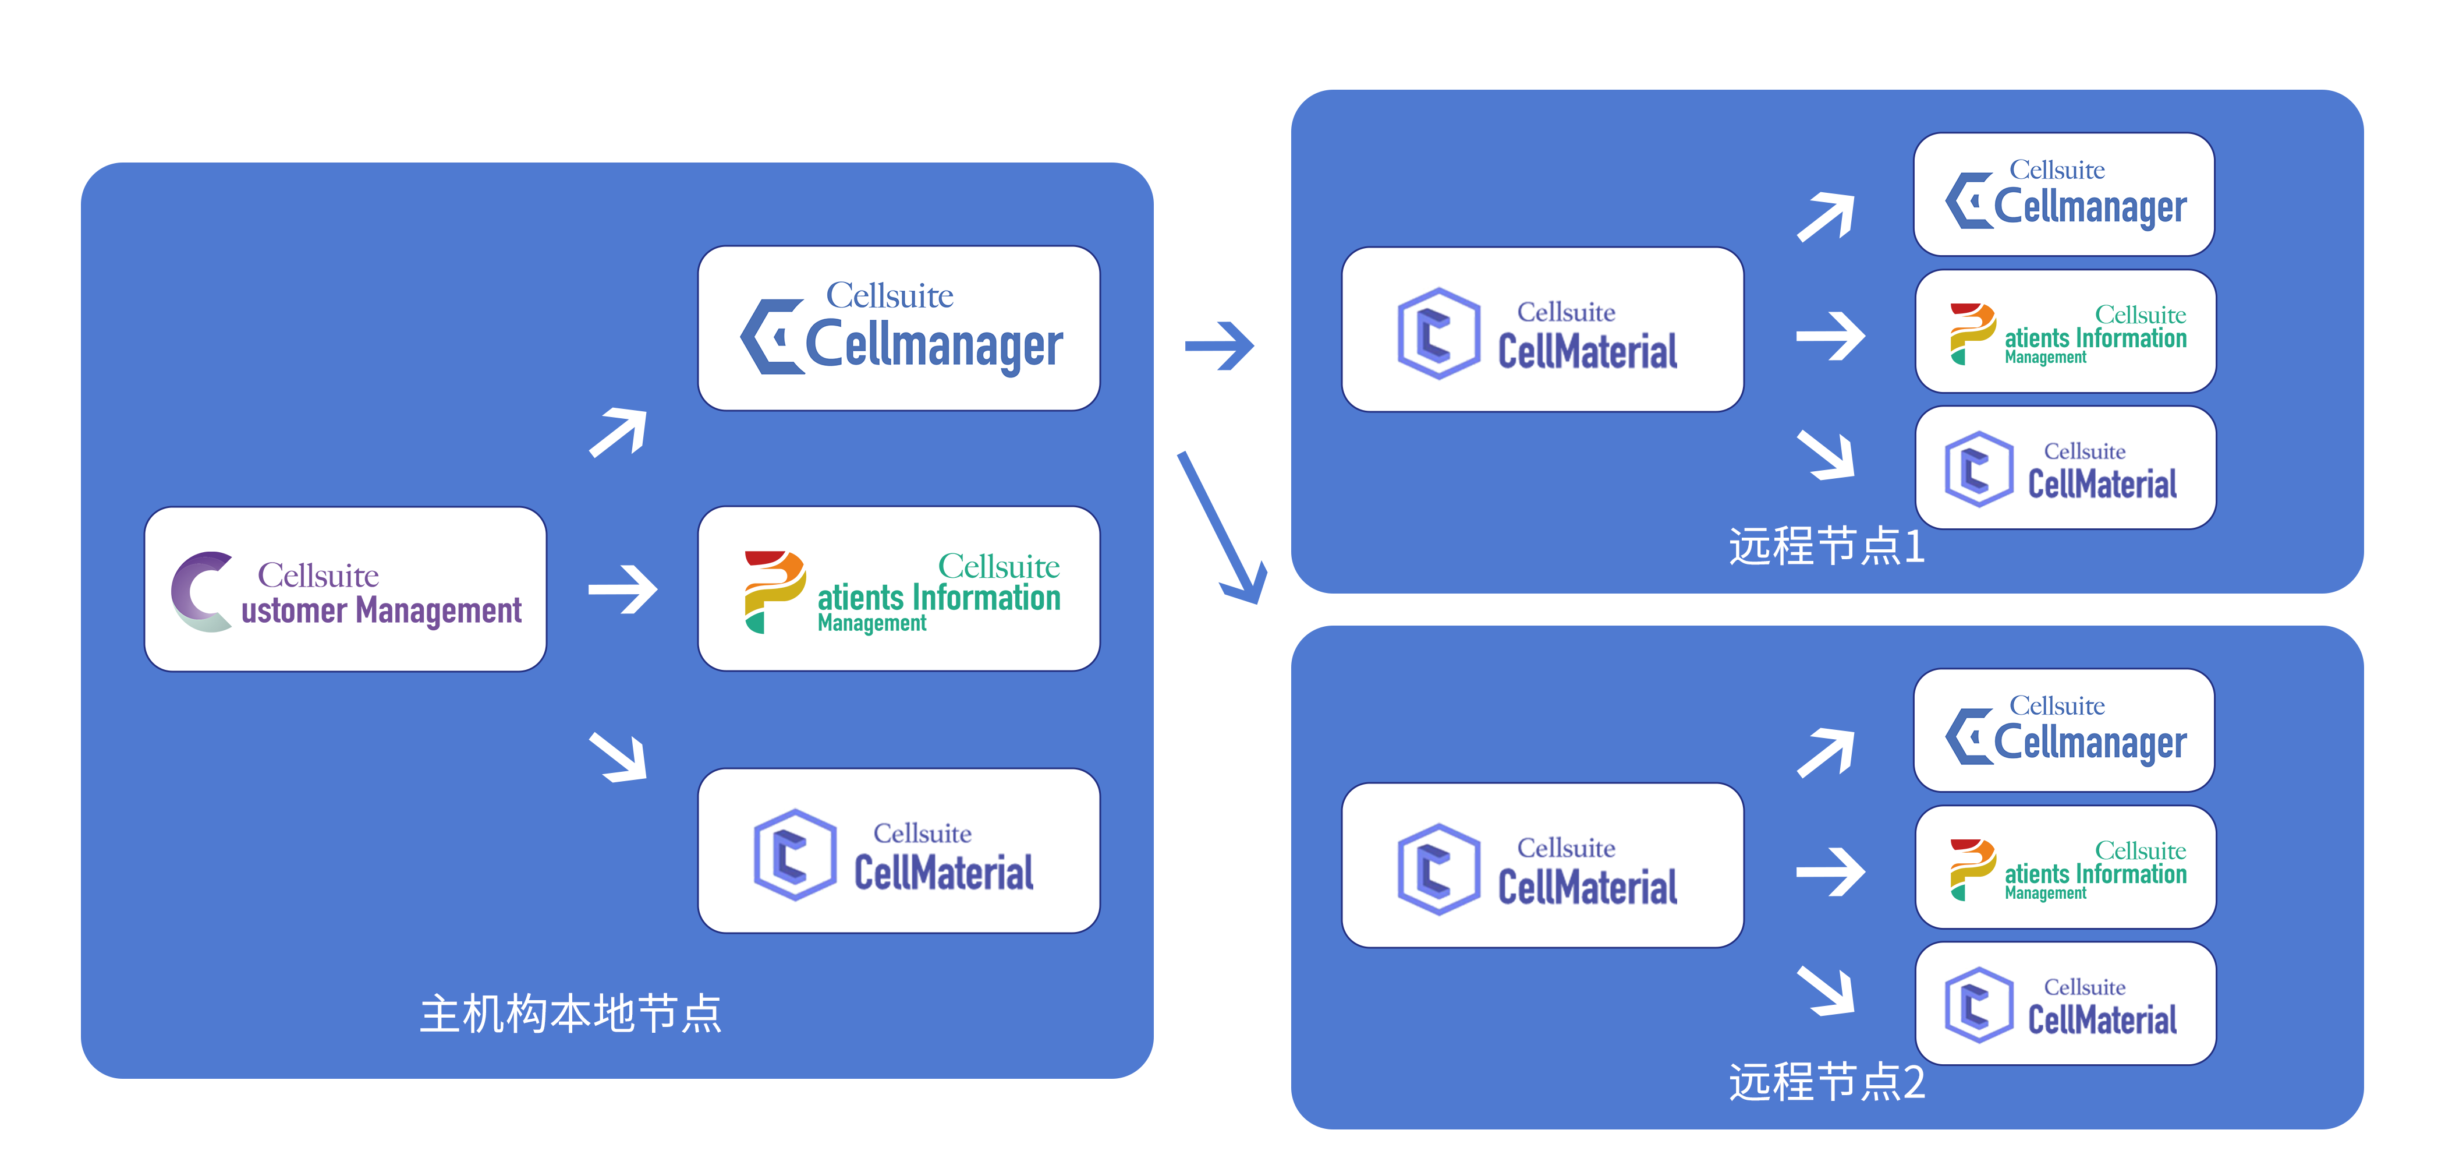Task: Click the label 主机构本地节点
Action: pyautogui.click(x=570, y=1013)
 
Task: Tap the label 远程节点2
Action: pyautogui.click(x=1826, y=1082)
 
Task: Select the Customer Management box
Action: pyautogui.click(x=345, y=589)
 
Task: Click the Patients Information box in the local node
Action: pyautogui.click(x=899, y=589)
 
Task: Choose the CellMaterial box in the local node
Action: pyautogui.click(x=899, y=850)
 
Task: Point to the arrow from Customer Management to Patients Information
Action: pyautogui.click(x=623, y=589)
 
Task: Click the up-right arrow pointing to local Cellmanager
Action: pyautogui.click(x=619, y=433)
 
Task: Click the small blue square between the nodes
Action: pyautogui.click(x=1220, y=345)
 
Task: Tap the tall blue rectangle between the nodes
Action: pyautogui.click(x=1221, y=527)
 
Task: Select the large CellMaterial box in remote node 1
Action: pyautogui.click(x=1542, y=330)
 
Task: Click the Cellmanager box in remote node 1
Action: pyautogui.click(x=2064, y=195)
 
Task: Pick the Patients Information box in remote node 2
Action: pyautogui.click(x=2065, y=867)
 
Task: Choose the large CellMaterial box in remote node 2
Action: pyautogui.click(x=1542, y=865)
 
